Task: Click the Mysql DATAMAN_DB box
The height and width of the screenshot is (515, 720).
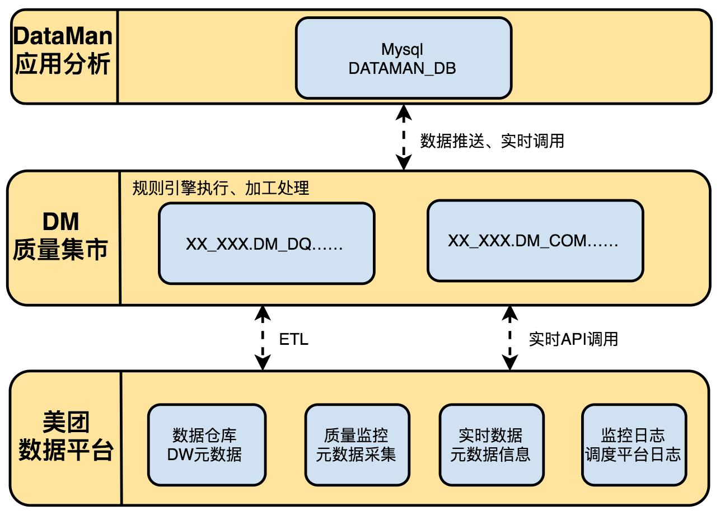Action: coord(403,58)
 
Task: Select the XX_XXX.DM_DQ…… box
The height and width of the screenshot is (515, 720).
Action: coord(266,244)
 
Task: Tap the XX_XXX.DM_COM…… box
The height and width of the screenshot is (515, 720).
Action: coord(535,241)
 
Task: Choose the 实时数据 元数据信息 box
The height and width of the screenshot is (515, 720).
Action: coord(490,444)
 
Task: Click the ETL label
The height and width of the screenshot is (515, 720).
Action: coord(293,339)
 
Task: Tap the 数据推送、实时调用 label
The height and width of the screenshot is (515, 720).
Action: coord(492,141)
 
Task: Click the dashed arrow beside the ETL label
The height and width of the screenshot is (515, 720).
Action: coord(261,338)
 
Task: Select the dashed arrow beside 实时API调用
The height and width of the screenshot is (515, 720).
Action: coord(509,338)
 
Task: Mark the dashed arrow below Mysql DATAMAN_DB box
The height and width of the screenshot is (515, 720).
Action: coord(403,138)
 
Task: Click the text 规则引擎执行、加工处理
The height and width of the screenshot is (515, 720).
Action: coord(221,188)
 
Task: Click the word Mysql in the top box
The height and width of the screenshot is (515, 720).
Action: coord(402,49)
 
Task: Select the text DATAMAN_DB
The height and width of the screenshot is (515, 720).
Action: coord(402,68)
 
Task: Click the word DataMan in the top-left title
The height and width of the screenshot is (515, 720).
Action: coord(63,37)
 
